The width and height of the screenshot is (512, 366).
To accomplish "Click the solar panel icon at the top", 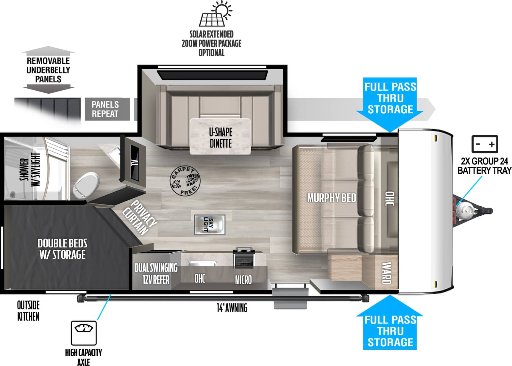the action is point(216,14).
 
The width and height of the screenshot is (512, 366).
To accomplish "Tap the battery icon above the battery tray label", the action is point(485,144).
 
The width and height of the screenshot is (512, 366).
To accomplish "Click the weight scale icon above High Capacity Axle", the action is point(84,333).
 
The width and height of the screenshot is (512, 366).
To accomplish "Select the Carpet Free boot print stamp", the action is point(185,181).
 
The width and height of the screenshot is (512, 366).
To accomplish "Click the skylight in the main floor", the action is point(210,225).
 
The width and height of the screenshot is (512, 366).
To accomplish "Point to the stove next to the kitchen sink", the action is point(244,257).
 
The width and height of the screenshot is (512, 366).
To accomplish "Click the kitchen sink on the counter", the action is point(202,263).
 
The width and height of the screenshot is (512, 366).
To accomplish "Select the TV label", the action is point(135,162).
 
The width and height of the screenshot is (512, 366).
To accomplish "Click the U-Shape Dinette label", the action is point(221,138).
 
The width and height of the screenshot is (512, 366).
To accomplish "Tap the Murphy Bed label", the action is point(332,198).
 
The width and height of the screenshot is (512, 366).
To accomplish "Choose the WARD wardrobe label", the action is point(386,273).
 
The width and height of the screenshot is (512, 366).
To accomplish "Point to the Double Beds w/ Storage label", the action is point(62,249).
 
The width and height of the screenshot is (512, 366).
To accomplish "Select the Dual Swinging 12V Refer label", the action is point(156,274).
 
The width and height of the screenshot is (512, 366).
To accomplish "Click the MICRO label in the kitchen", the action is point(243,280).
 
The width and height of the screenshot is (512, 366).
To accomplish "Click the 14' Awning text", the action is point(232,308).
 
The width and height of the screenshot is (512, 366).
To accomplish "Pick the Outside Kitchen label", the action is point(28,311).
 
